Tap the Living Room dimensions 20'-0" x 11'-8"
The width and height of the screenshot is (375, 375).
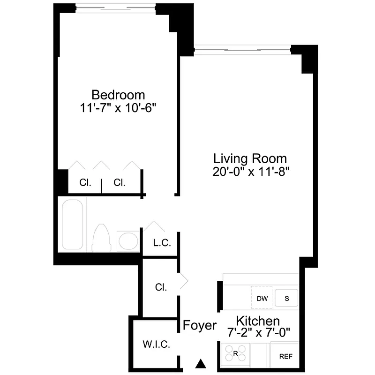coord(250,172)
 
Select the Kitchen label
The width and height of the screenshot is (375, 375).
coord(258,321)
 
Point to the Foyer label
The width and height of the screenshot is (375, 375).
coord(200,325)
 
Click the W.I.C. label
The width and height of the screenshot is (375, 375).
coord(156,345)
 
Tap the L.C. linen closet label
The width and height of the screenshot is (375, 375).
coord(162,244)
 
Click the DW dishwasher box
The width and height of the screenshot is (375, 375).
coord(261,298)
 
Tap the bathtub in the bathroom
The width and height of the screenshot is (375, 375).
coord(74,225)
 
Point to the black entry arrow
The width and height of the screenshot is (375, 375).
coord(201,363)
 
